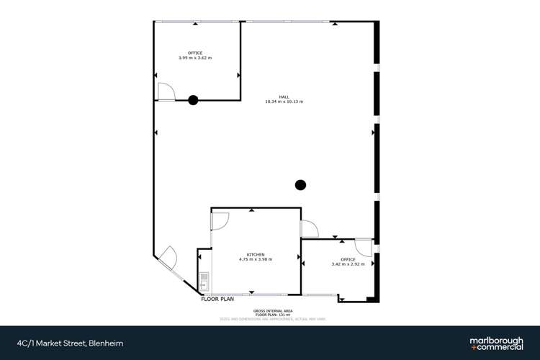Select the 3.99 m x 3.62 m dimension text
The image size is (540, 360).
pyautogui.click(x=195, y=58)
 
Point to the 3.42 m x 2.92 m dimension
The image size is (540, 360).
pyautogui.click(x=348, y=264)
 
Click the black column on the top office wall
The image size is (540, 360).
pyautogui.click(x=193, y=100)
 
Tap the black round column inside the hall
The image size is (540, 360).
pyautogui.click(x=301, y=184)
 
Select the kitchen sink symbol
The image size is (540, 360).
pyautogui.click(x=204, y=280)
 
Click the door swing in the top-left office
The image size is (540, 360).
pyautogui.click(x=165, y=91)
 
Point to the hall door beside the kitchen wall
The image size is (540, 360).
pyautogui.click(x=310, y=228)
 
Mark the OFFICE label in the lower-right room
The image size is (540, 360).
pyautogui.click(x=348, y=259)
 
